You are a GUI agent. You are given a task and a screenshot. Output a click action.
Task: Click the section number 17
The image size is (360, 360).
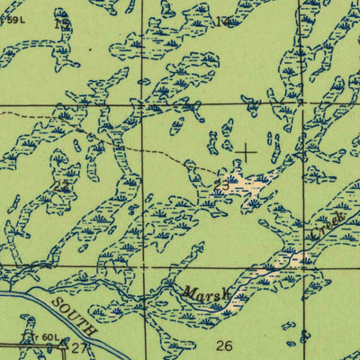pos(223,21)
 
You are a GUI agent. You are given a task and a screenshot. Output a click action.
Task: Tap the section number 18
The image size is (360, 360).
pos(61,24)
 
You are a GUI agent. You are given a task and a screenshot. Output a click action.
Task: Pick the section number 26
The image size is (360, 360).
pos(224,345)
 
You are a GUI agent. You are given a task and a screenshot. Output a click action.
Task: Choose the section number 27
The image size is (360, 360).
pos(78,347)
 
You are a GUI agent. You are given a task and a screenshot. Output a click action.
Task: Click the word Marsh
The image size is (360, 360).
pos(205,293)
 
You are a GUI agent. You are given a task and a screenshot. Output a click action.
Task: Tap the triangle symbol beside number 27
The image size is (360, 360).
pos(62,343)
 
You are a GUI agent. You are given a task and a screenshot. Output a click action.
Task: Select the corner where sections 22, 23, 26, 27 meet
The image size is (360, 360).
pos(144,266)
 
